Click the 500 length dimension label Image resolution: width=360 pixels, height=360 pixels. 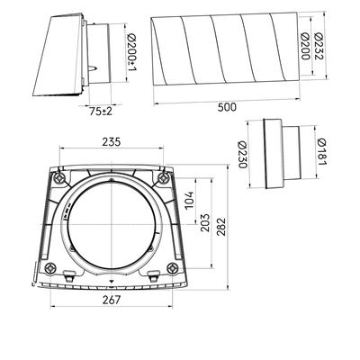pos(227,107)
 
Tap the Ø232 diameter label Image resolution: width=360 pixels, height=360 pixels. pos(319,46)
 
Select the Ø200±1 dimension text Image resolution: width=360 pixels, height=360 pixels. pos(131,53)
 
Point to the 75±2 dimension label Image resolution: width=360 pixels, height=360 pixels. pos(101,112)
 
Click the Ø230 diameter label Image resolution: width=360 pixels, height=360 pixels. pos(242,155)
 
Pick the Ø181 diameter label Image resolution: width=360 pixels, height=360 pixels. pos(321,152)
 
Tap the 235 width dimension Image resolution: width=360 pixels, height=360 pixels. pos(112,141)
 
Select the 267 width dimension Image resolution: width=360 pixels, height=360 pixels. pos(112,300)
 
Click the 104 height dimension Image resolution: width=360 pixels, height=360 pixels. pos(190,201)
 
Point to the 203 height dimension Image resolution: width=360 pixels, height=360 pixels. pos(205,222)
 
